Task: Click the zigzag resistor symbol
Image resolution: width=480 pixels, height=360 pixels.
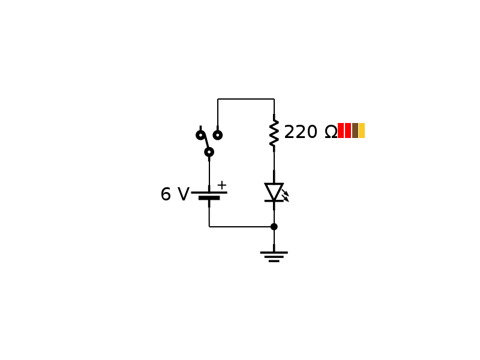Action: click(274, 133)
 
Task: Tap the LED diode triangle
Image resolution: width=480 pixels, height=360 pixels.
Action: click(274, 191)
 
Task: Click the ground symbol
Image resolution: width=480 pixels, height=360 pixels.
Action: click(274, 256)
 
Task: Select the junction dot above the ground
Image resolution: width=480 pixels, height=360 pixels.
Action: click(274, 227)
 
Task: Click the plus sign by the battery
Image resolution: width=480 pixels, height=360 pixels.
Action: click(221, 185)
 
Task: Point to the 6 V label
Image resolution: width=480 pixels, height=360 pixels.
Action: click(174, 194)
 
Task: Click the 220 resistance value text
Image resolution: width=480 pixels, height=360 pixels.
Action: click(301, 132)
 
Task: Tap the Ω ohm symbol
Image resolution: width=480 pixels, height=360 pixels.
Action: click(331, 132)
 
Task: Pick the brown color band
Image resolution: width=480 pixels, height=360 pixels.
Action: click(355, 131)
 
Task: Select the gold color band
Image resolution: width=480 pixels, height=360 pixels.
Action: click(362, 131)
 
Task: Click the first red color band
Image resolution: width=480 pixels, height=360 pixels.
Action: click(341, 131)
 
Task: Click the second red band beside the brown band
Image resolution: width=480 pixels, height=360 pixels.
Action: click(348, 131)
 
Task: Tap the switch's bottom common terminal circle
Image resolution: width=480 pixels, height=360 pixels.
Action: click(209, 152)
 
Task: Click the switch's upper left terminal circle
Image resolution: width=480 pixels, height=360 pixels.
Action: click(200, 135)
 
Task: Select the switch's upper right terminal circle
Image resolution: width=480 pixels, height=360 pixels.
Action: click(218, 135)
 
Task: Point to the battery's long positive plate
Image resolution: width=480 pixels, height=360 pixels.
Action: click(209, 192)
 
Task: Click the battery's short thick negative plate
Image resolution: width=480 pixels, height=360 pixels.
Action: click(209, 198)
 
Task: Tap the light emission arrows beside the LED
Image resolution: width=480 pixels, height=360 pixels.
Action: click(286, 196)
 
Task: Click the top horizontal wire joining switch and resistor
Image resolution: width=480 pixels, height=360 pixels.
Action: click(246, 99)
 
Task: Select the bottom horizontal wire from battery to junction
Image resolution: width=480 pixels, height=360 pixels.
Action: click(240, 227)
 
